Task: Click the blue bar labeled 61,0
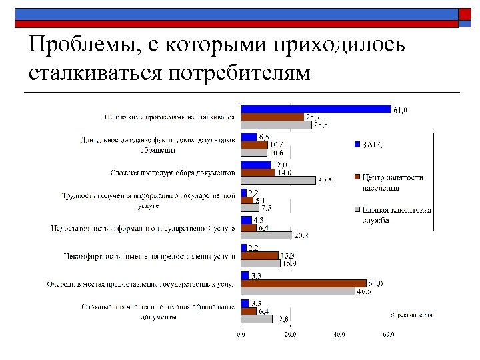click(315, 109)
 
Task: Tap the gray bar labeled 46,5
click(298, 291)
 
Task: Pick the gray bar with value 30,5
click(278, 180)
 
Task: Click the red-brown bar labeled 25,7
click(272, 117)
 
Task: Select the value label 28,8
click(321, 125)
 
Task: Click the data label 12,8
click(283, 319)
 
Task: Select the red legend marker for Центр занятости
click(357, 177)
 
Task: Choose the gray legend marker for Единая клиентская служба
click(357, 209)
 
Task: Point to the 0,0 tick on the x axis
click(241, 335)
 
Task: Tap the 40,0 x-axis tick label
click(339, 335)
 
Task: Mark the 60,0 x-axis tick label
click(387, 335)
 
